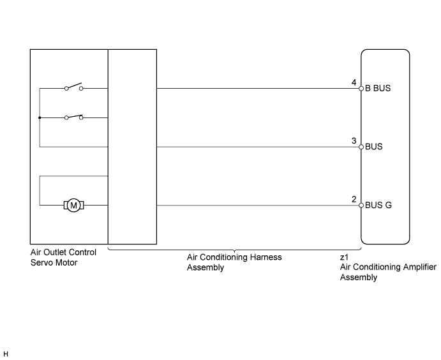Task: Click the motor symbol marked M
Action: coord(73,206)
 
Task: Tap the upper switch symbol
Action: coord(73,86)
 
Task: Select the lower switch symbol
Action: coord(73,117)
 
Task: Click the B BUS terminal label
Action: coord(378,88)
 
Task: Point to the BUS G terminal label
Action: coord(378,205)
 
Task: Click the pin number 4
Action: coord(354,82)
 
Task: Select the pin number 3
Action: coord(354,140)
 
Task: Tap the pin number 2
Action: coord(354,199)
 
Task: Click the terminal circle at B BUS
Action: coord(361,88)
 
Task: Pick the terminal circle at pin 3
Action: coord(361,147)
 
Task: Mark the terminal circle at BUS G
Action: coord(361,206)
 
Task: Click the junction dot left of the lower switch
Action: coord(40,117)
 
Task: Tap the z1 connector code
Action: coord(344,257)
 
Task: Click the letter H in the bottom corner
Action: coord(6,354)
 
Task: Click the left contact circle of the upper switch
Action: coord(66,89)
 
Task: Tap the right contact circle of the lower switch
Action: coord(81,118)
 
